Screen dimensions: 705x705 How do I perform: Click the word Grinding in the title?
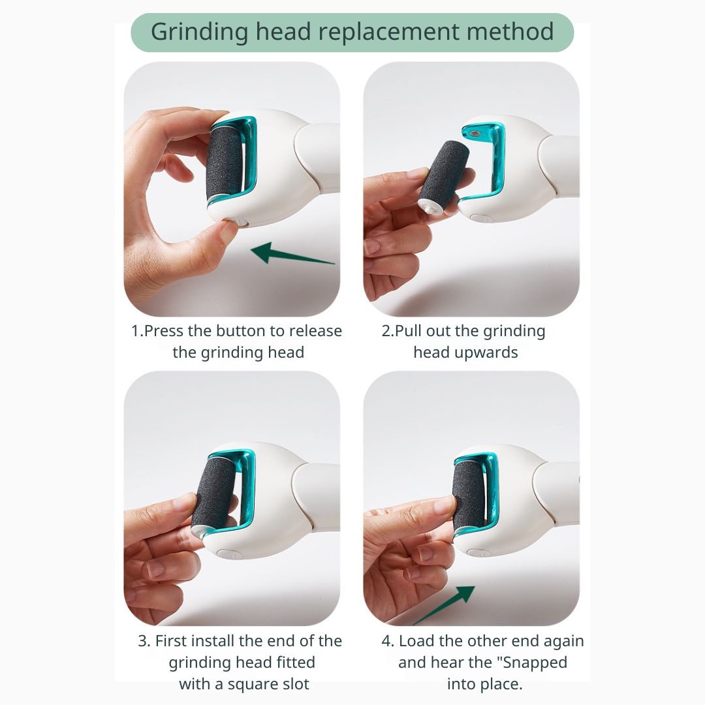point(199,33)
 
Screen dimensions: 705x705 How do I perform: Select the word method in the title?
point(510,31)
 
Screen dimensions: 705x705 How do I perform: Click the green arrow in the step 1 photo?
point(292,253)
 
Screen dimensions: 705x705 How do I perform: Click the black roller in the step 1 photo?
point(224,163)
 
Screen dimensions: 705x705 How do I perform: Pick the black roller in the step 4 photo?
point(468,495)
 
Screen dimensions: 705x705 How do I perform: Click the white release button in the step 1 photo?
point(241,222)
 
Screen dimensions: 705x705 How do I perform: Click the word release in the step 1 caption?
point(315,331)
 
